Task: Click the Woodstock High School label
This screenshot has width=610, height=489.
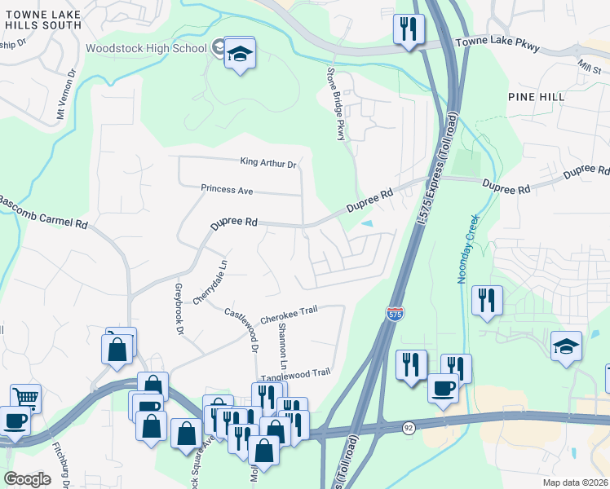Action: tap(146, 48)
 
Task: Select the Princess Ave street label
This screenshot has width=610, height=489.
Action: tap(228, 190)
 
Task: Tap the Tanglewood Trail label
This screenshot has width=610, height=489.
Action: tap(295, 372)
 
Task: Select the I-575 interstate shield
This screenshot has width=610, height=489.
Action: tap(395, 313)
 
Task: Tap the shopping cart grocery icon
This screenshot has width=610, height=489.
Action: tap(24, 398)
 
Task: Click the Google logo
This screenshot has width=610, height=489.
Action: tap(28, 478)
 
